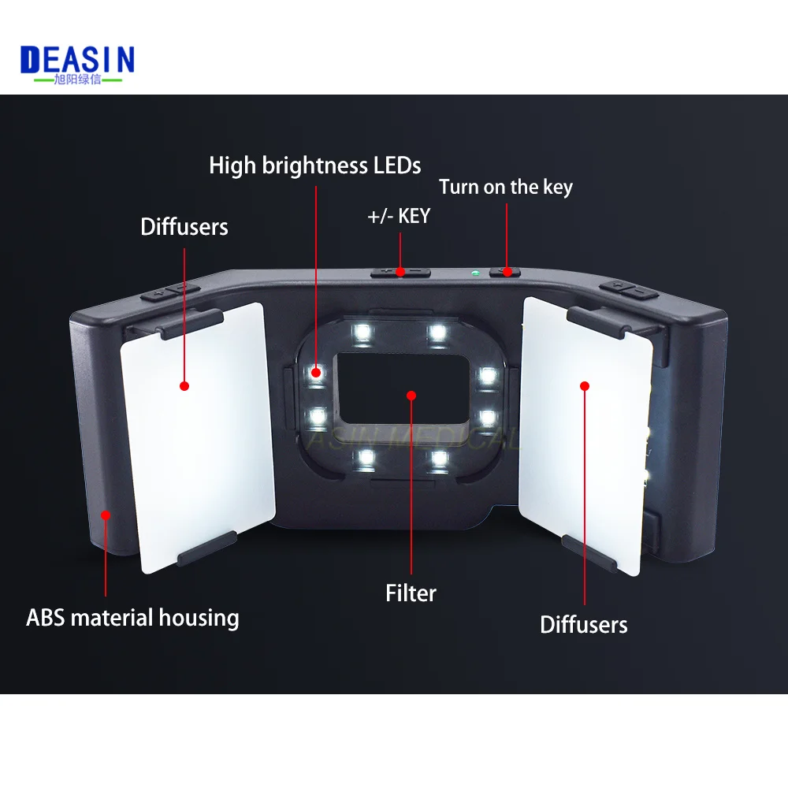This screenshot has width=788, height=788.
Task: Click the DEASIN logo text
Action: click(77, 59)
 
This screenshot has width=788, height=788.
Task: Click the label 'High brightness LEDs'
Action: click(314, 165)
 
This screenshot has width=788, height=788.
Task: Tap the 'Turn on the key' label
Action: click(505, 187)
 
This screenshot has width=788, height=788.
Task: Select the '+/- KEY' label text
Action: click(399, 216)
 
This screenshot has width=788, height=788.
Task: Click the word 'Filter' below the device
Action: click(411, 593)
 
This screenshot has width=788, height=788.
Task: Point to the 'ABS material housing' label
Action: click(132, 617)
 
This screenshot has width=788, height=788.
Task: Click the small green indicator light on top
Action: click(474, 273)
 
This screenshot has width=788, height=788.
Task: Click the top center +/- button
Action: click(400, 272)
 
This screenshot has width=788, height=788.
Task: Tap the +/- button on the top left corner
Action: click(172, 292)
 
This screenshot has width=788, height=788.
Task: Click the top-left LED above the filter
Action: click(362, 332)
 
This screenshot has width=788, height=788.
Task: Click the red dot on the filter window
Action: click(410, 393)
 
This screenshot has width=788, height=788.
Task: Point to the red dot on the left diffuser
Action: click(184, 386)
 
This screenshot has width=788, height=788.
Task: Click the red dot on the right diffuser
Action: click(584, 385)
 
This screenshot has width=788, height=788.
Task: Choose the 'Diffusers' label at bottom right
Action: click(583, 625)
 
